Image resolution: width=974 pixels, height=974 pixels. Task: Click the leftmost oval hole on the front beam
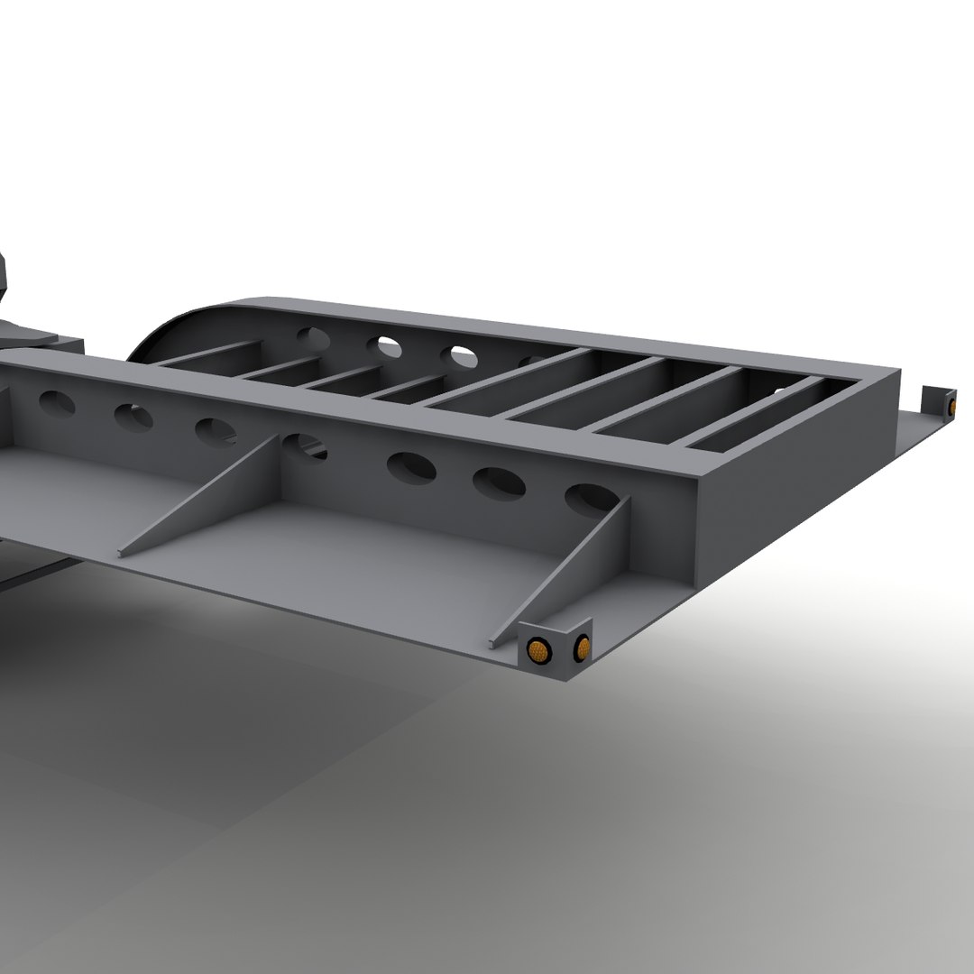[x=57, y=403]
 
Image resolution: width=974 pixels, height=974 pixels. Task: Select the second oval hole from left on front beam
[x=133, y=418]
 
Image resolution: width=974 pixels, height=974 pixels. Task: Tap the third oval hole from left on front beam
[x=215, y=431]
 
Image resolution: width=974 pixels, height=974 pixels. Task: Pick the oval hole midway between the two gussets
[x=411, y=467]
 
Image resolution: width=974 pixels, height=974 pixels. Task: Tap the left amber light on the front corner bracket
[x=538, y=648]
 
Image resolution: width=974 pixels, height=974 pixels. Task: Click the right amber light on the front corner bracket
[x=583, y=646]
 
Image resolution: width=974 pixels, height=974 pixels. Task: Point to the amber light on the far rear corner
[x=951, y=407]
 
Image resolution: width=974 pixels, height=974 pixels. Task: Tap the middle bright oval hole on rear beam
[x=390, y=345]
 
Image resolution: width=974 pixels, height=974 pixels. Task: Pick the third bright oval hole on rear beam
[x=464, y=356]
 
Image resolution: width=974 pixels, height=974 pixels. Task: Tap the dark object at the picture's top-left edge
[x=5, y=275]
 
